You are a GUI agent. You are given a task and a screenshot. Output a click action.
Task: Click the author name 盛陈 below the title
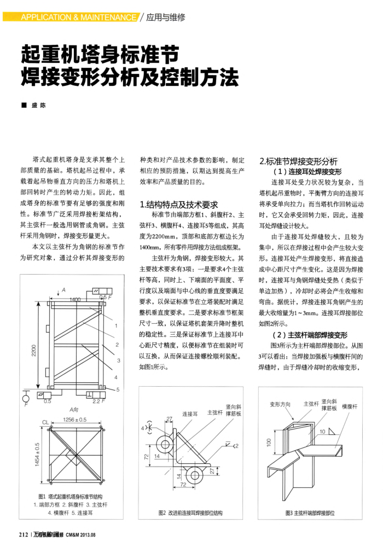click(37, 104)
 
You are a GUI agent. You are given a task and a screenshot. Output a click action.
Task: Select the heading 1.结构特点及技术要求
click(179, 203)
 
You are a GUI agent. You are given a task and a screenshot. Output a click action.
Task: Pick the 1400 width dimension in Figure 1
click(75, 299)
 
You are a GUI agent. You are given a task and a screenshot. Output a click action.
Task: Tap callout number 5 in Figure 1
click(118, 389)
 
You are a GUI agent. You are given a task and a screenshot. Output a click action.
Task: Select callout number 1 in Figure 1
click(117, 327)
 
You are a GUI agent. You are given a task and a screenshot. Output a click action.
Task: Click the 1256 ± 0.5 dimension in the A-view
click(75, 420)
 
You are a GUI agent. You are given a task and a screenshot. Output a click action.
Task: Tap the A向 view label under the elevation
click(74, 409)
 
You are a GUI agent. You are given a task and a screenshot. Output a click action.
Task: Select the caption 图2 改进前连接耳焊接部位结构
click(190, 513)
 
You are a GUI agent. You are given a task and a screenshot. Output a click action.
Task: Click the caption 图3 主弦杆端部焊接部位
click(310, 513)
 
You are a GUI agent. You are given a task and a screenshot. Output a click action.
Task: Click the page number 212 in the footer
click(24, 534)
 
